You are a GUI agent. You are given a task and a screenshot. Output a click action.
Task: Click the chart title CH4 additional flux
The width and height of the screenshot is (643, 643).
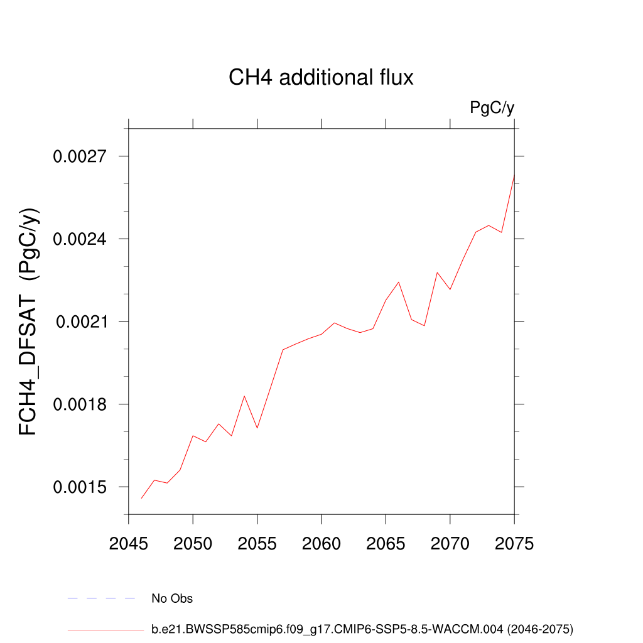coord(321,78)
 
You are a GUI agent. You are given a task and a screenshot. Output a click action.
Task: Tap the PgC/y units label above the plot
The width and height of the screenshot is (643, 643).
coord(492,108)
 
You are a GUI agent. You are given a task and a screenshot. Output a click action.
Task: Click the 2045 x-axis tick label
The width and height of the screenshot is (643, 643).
coord(129,543)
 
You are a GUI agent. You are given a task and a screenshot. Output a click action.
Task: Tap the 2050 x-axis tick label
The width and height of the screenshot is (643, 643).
coord(193,543)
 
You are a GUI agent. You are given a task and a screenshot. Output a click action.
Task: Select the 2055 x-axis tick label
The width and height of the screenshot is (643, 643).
coord(257,543)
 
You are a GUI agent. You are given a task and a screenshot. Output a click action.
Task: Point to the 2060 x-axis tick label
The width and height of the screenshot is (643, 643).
coord(321,543)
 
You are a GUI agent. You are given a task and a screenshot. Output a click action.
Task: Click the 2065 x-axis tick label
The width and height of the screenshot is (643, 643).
coord(386,543)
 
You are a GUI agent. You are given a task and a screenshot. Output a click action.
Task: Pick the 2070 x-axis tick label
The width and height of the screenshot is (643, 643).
coord(450,543)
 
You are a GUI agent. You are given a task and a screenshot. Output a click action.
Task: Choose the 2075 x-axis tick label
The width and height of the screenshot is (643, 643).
coord(514,543)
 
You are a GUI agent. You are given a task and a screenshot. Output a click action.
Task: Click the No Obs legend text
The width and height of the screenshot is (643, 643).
coord(172,598)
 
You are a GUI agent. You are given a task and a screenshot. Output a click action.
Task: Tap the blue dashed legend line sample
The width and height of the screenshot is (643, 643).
coord(102,598)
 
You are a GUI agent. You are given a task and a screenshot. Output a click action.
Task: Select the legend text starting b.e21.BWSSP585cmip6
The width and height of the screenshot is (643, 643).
coord(362,629)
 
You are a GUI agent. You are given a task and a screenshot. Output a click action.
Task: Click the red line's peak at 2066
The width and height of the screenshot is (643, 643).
coord(399,282)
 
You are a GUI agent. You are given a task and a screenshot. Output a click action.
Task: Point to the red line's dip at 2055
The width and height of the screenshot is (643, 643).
coord(257,428)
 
